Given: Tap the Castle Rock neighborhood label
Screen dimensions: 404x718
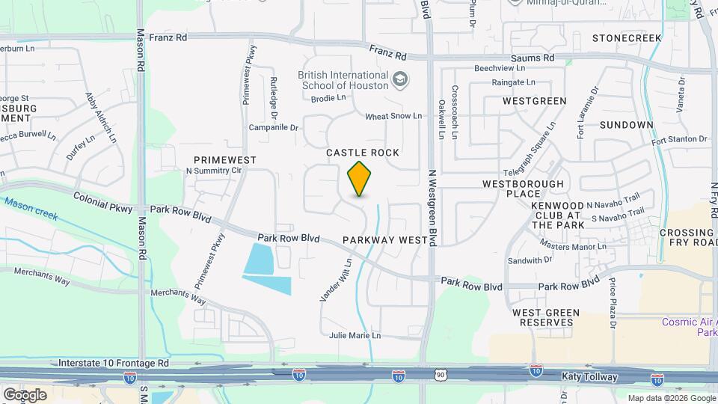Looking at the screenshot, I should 363,153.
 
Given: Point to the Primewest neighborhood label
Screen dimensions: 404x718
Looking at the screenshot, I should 225,160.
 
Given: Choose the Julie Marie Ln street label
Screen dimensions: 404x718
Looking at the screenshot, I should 355,336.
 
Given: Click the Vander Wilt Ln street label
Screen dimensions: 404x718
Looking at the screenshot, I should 336,281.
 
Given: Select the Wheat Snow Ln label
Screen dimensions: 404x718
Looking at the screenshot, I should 393,117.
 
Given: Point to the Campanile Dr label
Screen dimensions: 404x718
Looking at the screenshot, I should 274,128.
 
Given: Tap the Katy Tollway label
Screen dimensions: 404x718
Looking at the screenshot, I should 592,377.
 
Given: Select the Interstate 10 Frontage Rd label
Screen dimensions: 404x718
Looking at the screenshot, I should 115,363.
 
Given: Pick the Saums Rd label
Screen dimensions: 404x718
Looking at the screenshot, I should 532,58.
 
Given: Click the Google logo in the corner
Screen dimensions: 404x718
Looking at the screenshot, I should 25,394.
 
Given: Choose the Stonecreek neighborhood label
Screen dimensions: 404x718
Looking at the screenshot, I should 627,37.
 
